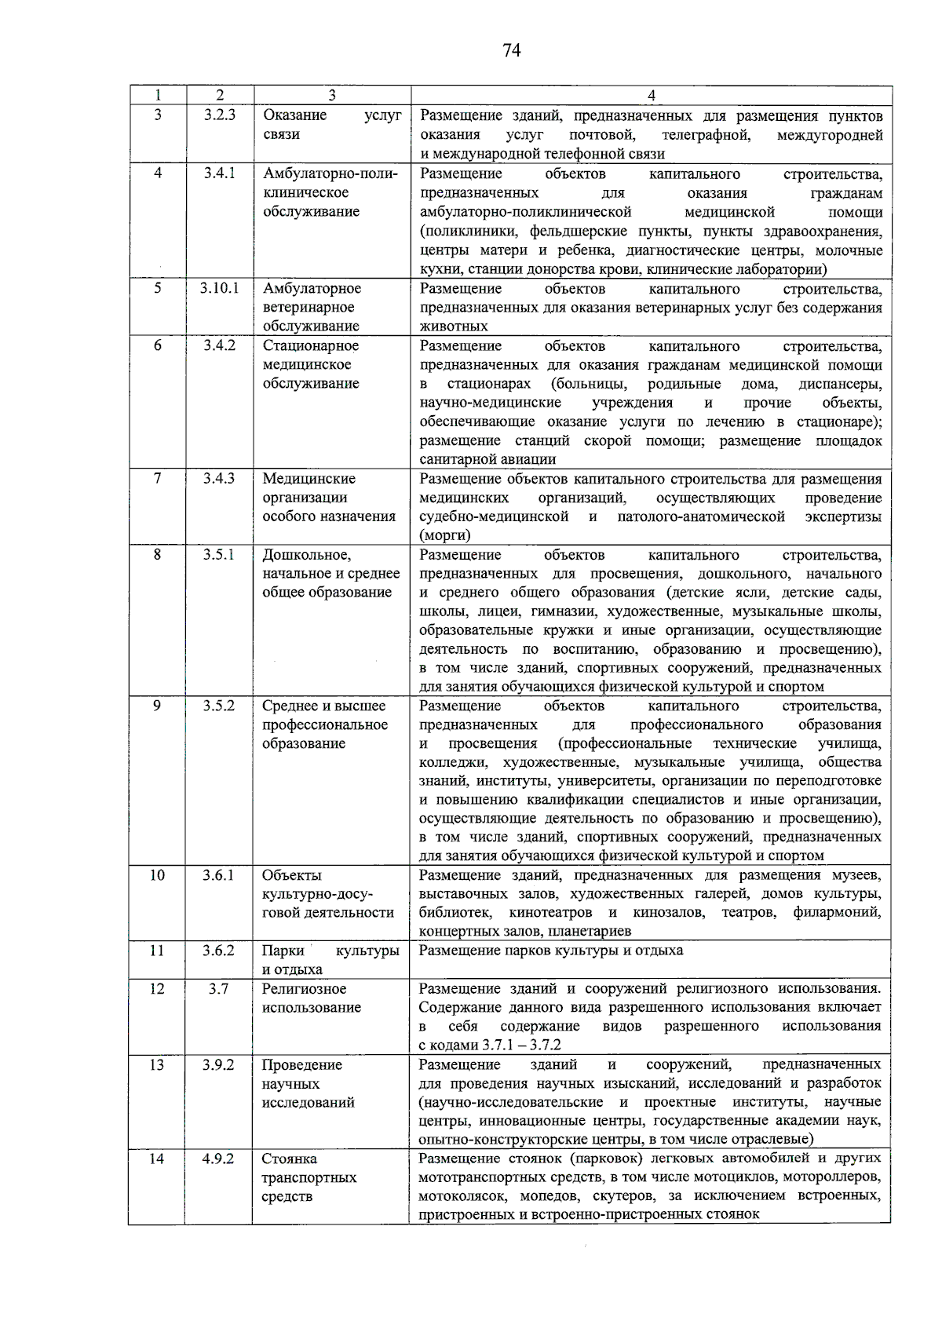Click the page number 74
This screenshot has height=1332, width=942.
(x=511, y=51)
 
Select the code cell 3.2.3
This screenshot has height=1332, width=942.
(x=220, y=115)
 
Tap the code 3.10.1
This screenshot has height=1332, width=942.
(x=220, y=288)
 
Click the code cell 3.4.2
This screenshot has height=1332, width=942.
(x=220, y=345)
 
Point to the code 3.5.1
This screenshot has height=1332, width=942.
(x=219, y=555)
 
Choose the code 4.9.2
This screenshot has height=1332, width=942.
(x=218, y=1159)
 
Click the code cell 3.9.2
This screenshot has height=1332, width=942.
(x=218, y=1065)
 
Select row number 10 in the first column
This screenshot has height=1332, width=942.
(x=157, y=875)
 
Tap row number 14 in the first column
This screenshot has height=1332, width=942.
(x=157, y=1159)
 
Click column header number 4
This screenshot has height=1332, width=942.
(x=651, y=96)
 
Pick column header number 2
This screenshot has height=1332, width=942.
(x=220, y=96)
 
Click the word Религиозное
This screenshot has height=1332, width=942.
(x=305, y=989)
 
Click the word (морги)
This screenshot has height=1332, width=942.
(x=445, y=536)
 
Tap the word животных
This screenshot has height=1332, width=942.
(x=454, y=327)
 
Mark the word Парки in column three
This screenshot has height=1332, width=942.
(x=283, y=951)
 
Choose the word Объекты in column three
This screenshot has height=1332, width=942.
(x=292, y=875)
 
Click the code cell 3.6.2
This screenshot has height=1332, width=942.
(x=218, y=951)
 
